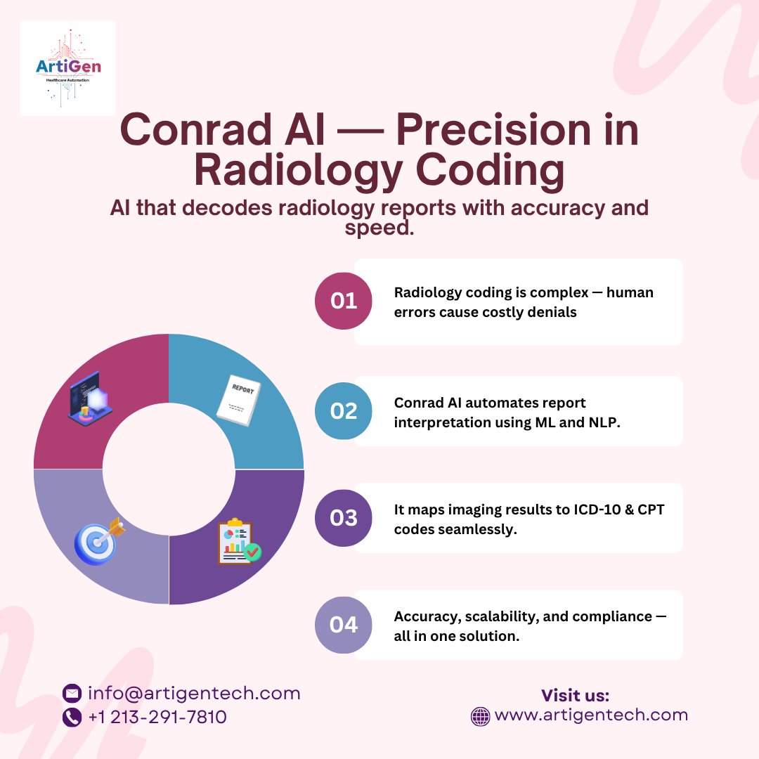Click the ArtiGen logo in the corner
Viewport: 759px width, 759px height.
tap(67, 68)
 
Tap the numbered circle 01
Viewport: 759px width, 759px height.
tap(344, 301)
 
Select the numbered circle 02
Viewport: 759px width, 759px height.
tap(344, 410)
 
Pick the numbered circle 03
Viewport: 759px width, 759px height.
tap(344, 518)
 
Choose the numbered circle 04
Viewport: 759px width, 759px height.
tap(344, 625)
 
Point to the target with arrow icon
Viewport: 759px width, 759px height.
tap(99, 540)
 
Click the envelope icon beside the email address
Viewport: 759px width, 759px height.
tap(72, 694)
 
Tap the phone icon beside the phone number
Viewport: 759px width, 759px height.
tap(72, 717)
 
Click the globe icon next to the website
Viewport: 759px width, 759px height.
tap(480, 716)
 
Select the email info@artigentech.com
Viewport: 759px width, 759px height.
tap(194, 694)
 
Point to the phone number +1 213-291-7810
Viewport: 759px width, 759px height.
tap(157, 717)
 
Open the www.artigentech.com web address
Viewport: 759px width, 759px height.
tap(591, 715)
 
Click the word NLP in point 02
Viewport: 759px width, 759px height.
tap(603, 422)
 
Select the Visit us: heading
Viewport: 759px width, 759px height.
tap(575, 696)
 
